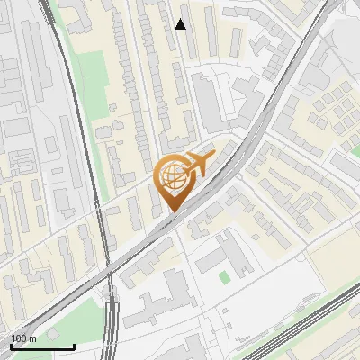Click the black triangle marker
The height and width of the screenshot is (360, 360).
coord(181,24)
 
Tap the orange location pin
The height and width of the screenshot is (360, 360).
coord(174,181)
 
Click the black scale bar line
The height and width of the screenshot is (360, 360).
coord(42,346)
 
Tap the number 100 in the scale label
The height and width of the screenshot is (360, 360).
coord(19,338)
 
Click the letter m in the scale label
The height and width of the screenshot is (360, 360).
coord(32,338)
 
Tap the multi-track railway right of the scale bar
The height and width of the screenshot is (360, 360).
coord(111,328)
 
